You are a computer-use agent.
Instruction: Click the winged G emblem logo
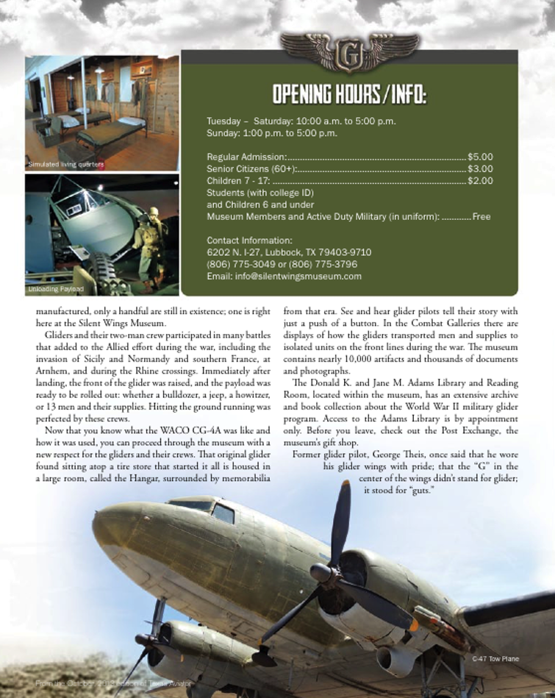point(350,53)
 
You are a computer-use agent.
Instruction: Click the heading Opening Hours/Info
point(349,96)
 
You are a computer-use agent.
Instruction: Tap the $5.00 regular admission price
point(480,157)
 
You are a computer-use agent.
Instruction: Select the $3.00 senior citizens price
point(480,168)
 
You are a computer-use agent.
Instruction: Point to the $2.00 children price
point(480,180)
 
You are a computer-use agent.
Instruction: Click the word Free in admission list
point(481,217)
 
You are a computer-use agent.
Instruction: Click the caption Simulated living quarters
point(66,163)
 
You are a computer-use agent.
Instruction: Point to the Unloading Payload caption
point(56,289)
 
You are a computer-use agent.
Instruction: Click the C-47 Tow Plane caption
point(495,658)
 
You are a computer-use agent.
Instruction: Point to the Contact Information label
point(249,241)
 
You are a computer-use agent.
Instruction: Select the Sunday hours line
point(272,133)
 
